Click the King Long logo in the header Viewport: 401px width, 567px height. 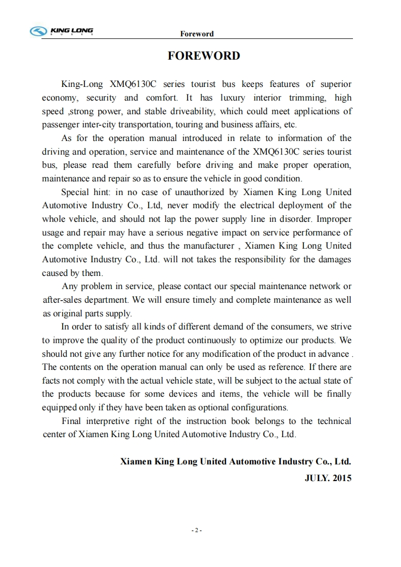click(x=62, y=32)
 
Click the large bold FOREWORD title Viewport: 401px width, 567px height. click(x=204, y=56)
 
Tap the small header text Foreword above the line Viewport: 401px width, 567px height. click(x=197, y=34)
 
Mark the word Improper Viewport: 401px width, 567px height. click(x=335, y=219)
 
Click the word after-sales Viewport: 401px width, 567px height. click(x=63, y=300)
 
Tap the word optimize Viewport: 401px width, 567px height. click(x=258, y=340)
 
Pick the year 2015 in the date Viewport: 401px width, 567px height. click(x=341, y=478)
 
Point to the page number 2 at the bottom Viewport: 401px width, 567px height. click(x=197, y=531)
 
